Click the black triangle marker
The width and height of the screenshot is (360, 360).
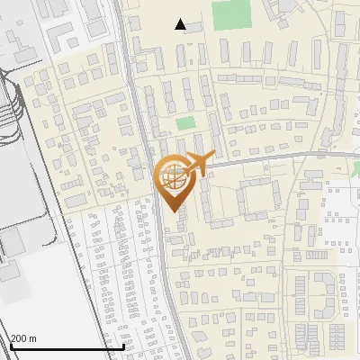point(181,24)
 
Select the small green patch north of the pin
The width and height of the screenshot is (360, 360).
point(185,124)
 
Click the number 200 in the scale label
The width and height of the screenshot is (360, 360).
point(20,338)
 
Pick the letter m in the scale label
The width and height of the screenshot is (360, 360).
point(33,338)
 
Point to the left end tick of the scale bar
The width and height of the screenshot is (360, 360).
point(10,345)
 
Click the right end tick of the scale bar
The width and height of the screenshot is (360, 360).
point(123,345)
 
